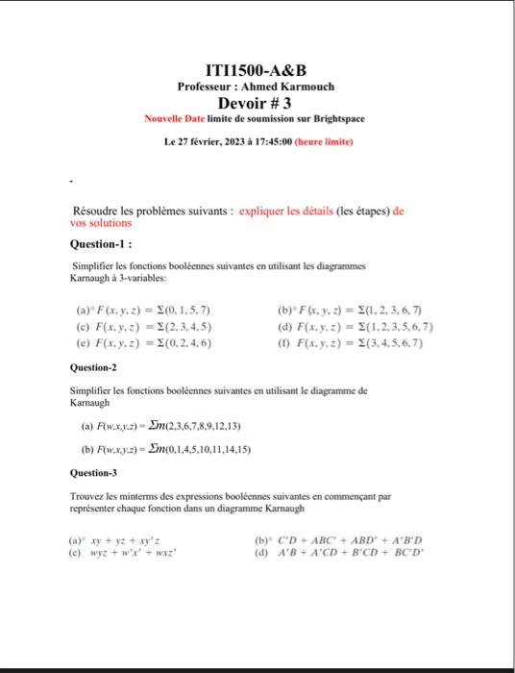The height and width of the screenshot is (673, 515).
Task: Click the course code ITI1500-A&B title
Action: tap(257, 70)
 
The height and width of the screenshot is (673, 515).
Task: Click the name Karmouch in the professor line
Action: tap(305, 87)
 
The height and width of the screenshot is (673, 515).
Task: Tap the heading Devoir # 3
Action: tap(257, 103)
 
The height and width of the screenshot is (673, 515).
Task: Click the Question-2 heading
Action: tap(93, 367)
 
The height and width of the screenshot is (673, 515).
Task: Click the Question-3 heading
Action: tap(93, 473)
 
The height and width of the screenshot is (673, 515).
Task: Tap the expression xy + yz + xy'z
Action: tap(135, 541)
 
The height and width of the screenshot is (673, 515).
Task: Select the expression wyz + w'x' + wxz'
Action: tap(141, 555)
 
